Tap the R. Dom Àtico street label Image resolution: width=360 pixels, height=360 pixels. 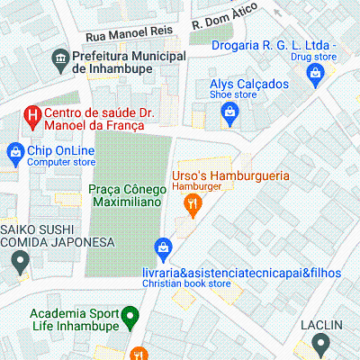click(224, 21)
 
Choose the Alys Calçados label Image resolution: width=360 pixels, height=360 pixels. click(243, 85)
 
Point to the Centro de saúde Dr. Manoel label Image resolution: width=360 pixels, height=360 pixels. click(94, 121)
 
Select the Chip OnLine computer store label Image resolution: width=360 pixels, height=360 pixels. click(61, 156)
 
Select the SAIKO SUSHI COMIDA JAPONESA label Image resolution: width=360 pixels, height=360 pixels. click(57, 236)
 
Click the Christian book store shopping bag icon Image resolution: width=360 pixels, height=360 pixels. click(163, 246)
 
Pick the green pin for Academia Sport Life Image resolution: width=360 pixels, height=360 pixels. click(130, 317)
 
